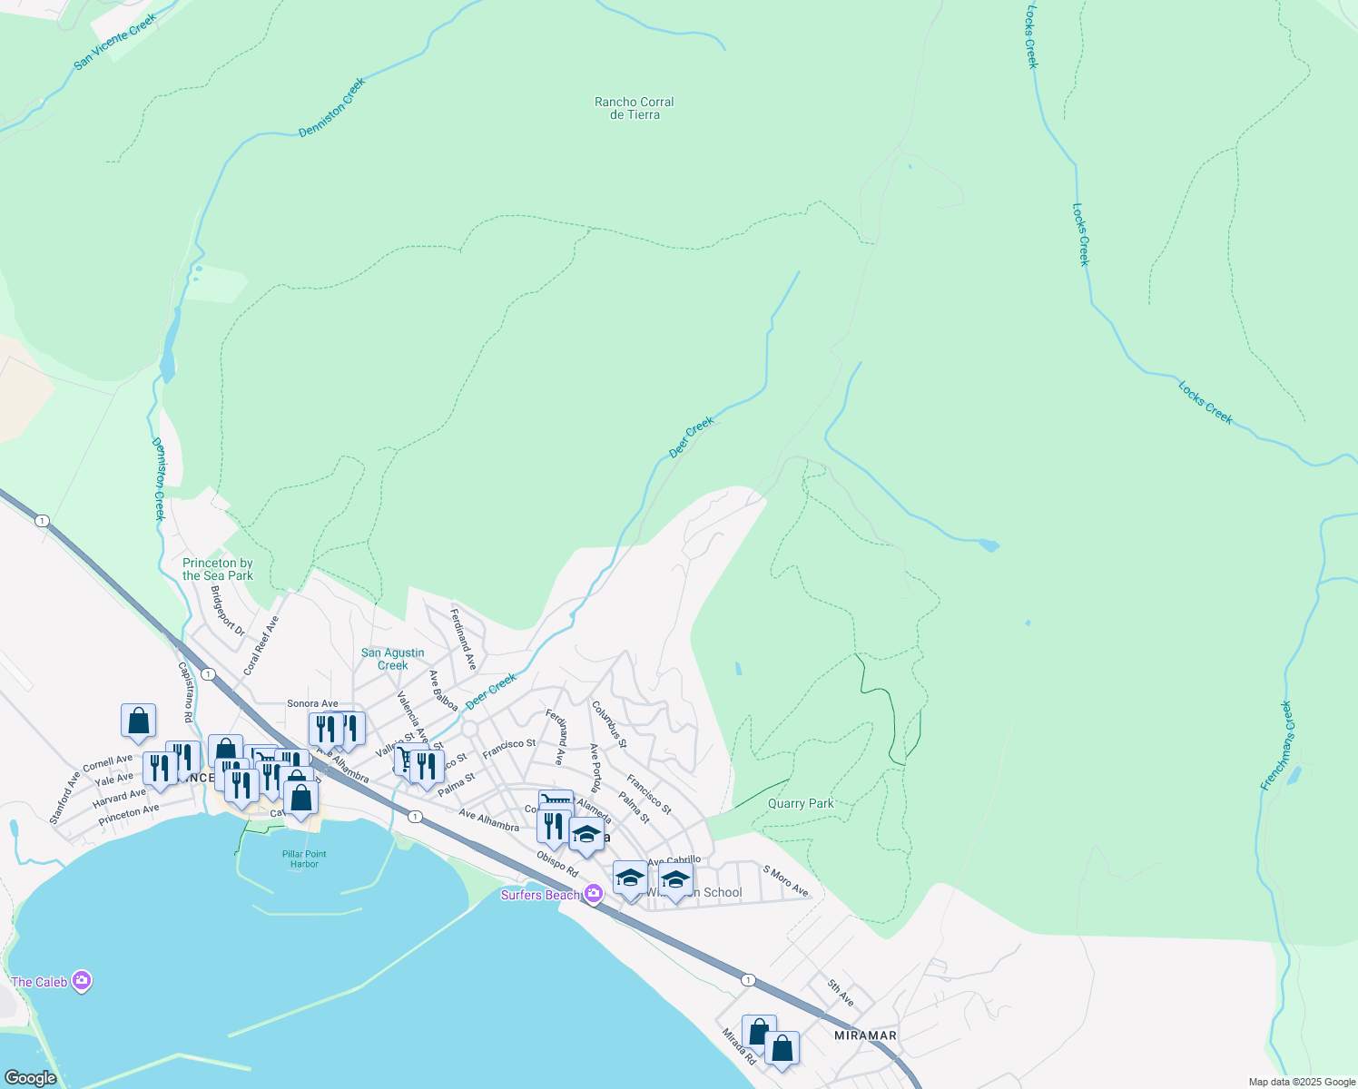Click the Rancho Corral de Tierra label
pos(634,108)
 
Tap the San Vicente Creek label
pos(115,41)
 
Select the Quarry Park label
pos(800,803)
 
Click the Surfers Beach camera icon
pos(594,894)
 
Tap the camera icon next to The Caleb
pos(82,981)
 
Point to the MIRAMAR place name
pos(865,1035)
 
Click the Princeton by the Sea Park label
pos(218,569)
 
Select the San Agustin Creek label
pos(392,659)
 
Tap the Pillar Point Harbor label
pos(304,858)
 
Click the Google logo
pos(30,1077)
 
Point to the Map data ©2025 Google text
pos(1301,1082)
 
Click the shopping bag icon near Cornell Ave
pos(138,721)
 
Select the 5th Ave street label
pos(841,993)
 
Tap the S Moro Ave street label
pos(785,880)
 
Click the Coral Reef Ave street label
pos(261,645)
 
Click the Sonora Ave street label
pos(312,703)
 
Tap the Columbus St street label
pos(608,723)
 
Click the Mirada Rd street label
pos(739,1046)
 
